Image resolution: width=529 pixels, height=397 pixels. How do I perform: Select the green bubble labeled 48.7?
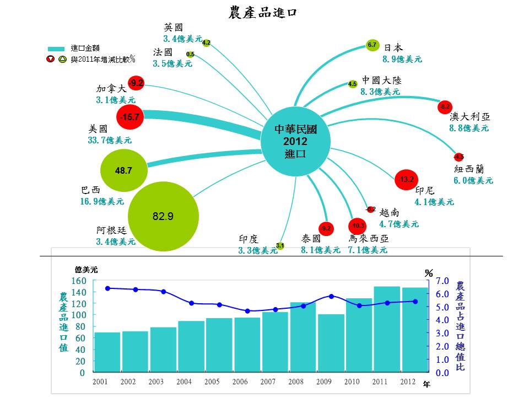click(x=124, y=171)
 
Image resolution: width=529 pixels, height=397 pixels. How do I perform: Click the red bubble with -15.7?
click(x=131, y=117)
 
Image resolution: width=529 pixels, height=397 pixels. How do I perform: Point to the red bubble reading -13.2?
click(x=407, y=179)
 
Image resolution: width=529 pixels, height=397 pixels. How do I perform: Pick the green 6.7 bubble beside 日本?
click(x=372, y=45)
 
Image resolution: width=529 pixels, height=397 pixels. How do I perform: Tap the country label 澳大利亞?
click(x=469, y=117)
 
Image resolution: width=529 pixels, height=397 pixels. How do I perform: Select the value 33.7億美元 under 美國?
click(x=110, y=141)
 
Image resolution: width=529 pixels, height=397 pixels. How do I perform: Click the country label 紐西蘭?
click(x=468, y=169)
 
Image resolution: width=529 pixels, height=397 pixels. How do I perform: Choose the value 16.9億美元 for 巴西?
click(x=102, y=202)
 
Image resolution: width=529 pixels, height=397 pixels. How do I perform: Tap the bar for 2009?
click(x=331, y=344)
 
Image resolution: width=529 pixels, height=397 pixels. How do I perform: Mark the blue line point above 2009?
click(x=331, y=296)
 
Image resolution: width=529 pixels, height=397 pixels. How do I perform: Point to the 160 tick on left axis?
click(x=79, y=281)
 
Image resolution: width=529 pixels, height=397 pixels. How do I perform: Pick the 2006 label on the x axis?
click(x=241, y=382)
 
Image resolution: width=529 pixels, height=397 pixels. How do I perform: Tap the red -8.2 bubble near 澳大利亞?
click(x=444, y=106)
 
